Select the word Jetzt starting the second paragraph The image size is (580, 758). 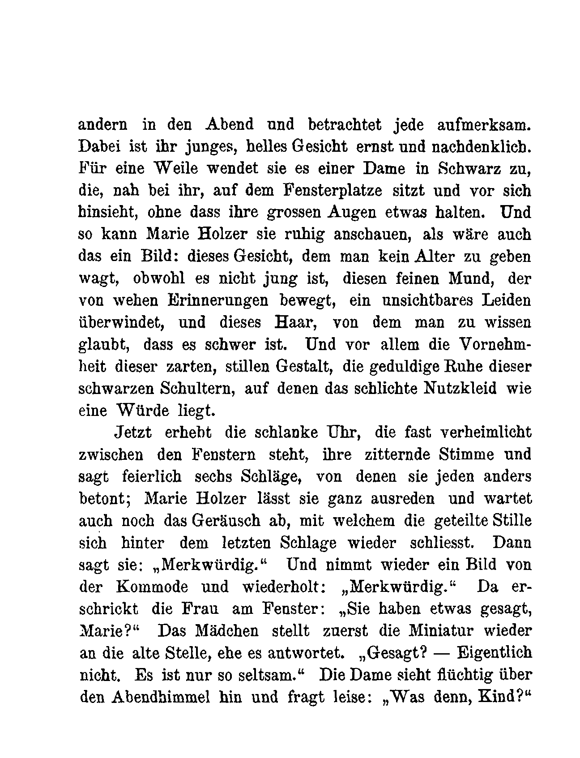tap(132, 433)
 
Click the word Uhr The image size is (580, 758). tap(344, 433)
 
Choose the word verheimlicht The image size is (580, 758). tap(486, 433)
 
